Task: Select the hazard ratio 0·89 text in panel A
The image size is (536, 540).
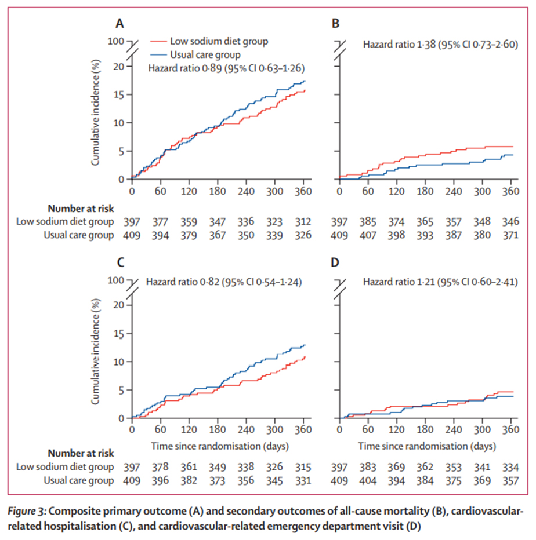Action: click(226, 68)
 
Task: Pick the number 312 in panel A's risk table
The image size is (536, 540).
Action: click(302, 221)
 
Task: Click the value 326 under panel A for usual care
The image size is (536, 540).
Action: click(302, 235)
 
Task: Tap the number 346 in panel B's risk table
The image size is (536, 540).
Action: click(510, 221)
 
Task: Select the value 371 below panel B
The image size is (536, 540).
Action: click(510, 235)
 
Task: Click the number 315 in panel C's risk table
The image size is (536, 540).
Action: click(302, 466)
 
